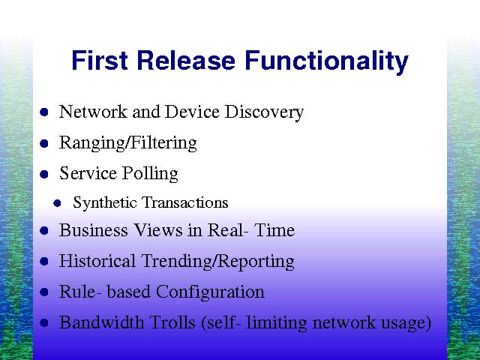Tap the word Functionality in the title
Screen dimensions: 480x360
click(327, 62)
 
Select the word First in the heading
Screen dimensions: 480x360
click(100, 60)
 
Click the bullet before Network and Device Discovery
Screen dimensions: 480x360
click(44, 112)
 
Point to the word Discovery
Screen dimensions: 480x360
click(264, 112)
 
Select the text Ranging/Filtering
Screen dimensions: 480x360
click(128, 143)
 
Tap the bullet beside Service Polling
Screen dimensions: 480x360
click(44, 174)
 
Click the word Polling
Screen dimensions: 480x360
click(150, 173)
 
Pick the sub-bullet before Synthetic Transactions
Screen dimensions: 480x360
click(57, 203)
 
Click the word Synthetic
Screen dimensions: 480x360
click(105, 202)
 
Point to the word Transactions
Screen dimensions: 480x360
click(185, 202)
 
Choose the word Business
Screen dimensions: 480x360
click(93, 230)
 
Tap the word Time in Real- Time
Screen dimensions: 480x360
click(274, 230)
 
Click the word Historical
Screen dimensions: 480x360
click(97, 261)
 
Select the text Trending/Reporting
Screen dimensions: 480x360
click(217, 262)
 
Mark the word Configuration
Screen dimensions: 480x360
click(210, 292)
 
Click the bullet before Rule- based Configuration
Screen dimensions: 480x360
click(44, 292)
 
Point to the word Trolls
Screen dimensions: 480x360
click(172, 322)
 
